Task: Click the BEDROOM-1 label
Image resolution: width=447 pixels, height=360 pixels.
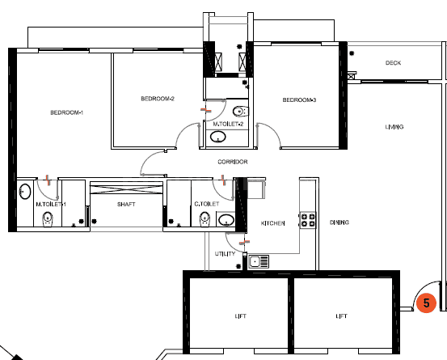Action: pyautogui.click(x=66, y=112)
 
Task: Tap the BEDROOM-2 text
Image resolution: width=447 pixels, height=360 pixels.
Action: pyautogui.click(x=158, y=99)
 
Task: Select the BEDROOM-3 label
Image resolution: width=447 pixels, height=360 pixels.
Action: pyautogui.click(x=299, y=100)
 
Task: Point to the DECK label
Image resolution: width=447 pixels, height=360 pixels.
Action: pyautogui.click(x=393, y=63)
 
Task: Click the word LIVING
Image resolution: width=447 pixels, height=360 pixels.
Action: pyautogui.click(x=394, y=127)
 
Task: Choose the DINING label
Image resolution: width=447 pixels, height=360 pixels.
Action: pyautogui.click(x=339, y=222)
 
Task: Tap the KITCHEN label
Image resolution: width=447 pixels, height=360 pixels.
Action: pyautogui.click(x=272, y=222)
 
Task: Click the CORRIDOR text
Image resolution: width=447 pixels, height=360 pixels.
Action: pyautogui.click(x=232, y=162)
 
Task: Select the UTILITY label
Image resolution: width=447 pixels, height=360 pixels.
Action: pyautogui.click(x=225, y=254)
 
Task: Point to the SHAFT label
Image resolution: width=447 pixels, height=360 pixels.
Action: pyautogui.click(x=125, y=205)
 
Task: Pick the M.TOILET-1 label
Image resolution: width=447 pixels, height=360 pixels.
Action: pyautogui.click(x=51, y=205)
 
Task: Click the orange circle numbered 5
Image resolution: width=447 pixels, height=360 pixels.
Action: pyautogui.click(x=425, y=303)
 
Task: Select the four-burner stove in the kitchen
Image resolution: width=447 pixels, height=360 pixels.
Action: pyautogui.click(x=308, y=218)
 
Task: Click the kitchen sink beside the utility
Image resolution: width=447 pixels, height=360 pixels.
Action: pyautogui.click(x=259, y=261)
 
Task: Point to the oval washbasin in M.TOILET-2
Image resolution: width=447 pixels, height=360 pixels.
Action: pyautogui.click(x=218, y=137)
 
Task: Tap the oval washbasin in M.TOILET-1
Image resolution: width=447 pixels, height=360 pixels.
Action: pyautogui.click(x=25, y=192)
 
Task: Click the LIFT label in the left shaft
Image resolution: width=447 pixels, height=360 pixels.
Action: pyautogui.click(x=240, y=316)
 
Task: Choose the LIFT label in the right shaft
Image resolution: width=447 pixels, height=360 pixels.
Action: pyautogui.click(x=343, y=316)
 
